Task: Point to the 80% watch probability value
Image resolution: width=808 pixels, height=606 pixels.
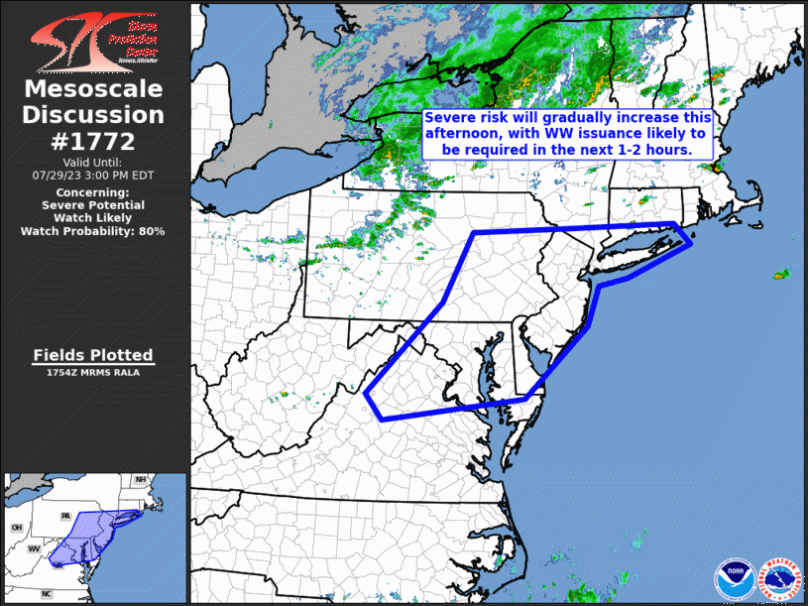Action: pyautogui.click(x=152, y=231)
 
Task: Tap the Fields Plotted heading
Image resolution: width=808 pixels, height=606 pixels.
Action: pyautogui.click(x=93, y=355)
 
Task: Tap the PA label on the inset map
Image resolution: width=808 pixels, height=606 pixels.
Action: pyautogui.click(x=66, y=516)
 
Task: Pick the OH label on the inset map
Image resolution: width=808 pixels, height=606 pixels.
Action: pyautogui.click(x=16, y=528)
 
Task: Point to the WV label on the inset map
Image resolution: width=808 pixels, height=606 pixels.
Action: pyautogui.click(x=33, y=548)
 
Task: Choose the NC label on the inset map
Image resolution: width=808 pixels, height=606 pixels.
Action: pyautogui.click(x=47, y=593)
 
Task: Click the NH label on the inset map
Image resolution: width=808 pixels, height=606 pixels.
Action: pyautogui.click(x=141, y=480)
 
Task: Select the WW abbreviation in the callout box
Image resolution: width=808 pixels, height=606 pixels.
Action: pyautogui.click(x=581, y=133)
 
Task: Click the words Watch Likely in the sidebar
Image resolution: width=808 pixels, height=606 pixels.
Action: pyautogui.click(x=93, y=217)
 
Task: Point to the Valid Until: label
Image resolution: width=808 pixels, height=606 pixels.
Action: pyautogui.click(x=93, y=162)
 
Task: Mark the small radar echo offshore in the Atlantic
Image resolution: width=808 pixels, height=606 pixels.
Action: pyautogui.click(x=782, y=273)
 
